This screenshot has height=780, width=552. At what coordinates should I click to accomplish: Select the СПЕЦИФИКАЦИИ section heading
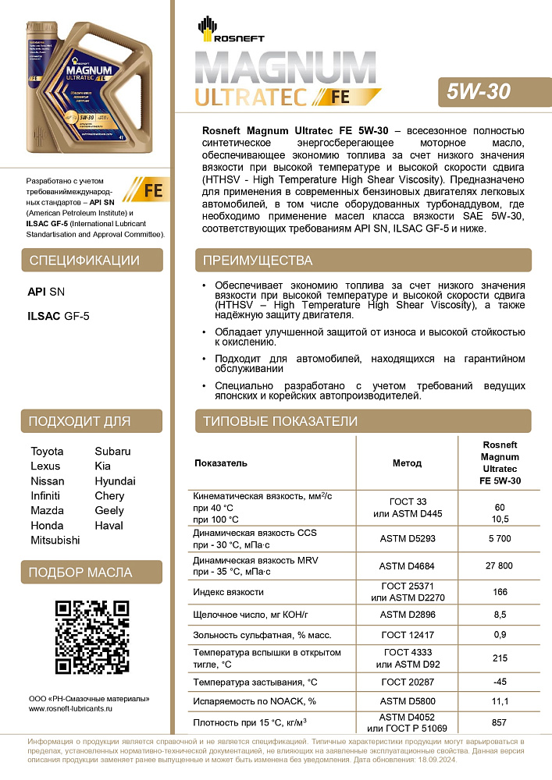tap(84, 261)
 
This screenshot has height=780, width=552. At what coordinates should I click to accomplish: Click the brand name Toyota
tap(47, 452)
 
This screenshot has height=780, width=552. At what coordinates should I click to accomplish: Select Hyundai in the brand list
tap(115, 481)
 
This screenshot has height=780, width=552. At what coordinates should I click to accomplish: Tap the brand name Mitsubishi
tap(55, 540)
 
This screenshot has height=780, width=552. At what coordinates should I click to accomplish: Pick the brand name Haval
tap(109, 525)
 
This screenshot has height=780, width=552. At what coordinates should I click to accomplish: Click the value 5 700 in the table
tap(500, 538)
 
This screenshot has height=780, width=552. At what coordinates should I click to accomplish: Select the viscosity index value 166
tap(500, 593)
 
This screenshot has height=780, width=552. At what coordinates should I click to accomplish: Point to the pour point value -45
tap(500, 682)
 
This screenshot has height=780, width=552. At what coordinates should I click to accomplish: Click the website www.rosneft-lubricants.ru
tap(71, 709)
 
